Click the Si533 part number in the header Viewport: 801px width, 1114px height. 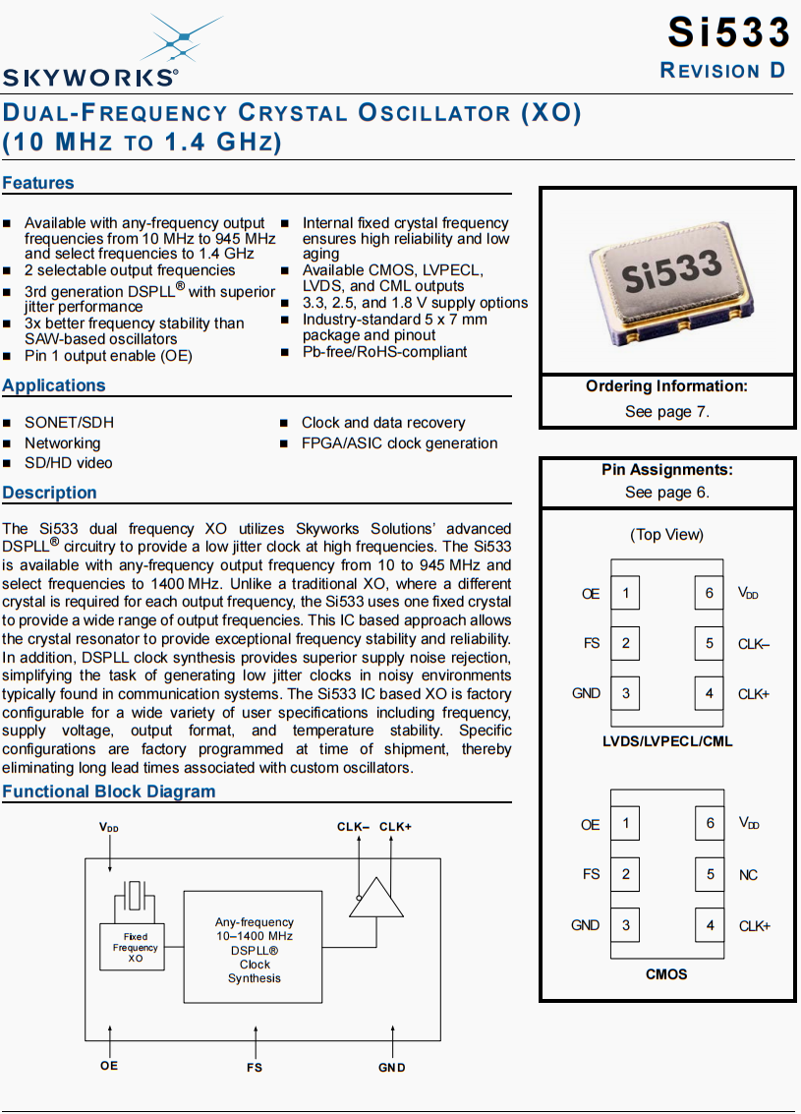pyautogui.click(x=728, y=32)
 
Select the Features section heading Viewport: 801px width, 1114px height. pyautogui.click(x=38, y=183)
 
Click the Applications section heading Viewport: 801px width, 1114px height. pyautogui.click(x=54, y=385)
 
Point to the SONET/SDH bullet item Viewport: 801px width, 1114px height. pyautogui.click(x=69, y=423)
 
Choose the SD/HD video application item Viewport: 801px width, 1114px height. pyautogui.click(x=68, y=463)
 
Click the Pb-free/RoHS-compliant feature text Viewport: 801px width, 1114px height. pyautogui.click(x=384, y=352)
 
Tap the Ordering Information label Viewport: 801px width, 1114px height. pyautogui.click(x=666, y=386)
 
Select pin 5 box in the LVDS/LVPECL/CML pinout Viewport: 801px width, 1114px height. pyautogui.click(x=709, y=643)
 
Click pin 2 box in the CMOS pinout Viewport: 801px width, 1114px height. pyautogui.click(x=625, y=874)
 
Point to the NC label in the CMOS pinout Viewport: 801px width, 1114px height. pyautogui.click(x=748, y=875)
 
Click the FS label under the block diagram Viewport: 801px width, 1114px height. pyautogui.click(x=255, y=1067)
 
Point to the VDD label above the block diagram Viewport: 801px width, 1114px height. pyautogui.click(x=109, y=828)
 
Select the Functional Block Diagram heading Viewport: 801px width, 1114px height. pyautogui.click(x=109, y=792)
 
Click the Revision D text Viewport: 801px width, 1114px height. pyautogui.click(x=723, y=71)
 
